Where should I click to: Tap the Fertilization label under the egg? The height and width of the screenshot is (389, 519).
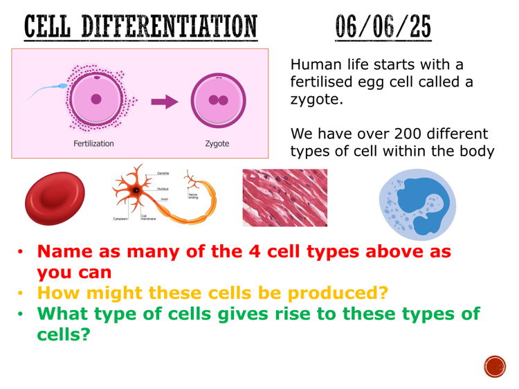[93, 144]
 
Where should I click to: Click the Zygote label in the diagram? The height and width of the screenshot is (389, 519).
[217, 144]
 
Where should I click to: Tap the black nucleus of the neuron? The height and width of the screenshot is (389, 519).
[137, 189]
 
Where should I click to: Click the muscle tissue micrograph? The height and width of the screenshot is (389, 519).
[284, 198]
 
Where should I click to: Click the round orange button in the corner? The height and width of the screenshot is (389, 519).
[495, 366]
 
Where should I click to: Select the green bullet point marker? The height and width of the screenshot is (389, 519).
[21, 314]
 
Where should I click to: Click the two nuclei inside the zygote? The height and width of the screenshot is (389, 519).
[219, 100]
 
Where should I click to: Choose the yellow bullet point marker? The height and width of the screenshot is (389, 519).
[21, 293]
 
